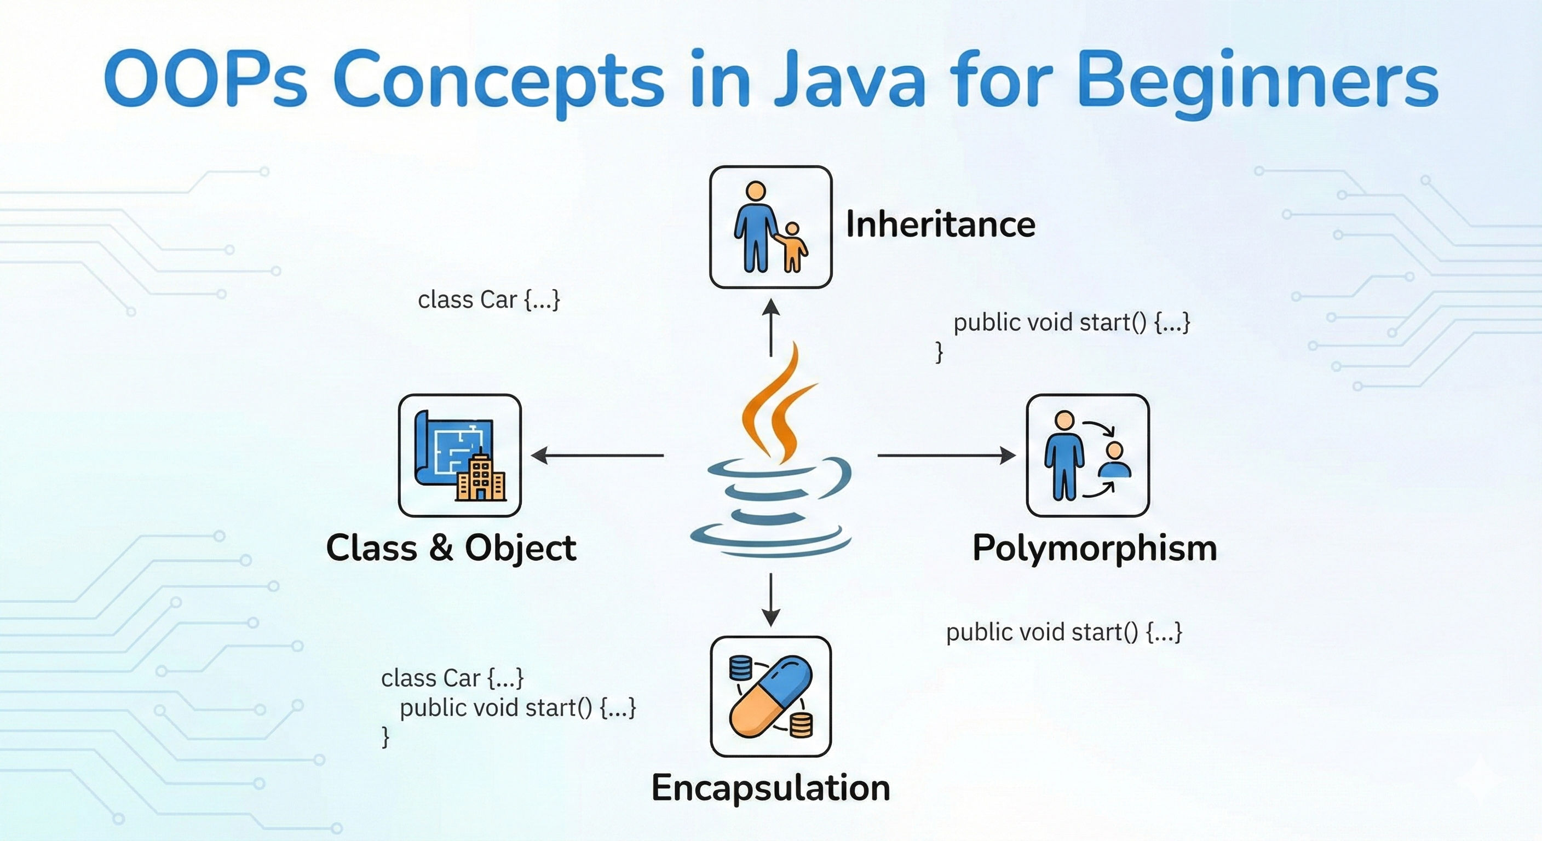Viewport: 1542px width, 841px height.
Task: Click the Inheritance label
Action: coord(940,224)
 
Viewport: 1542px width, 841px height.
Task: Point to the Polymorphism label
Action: coord(1095,548)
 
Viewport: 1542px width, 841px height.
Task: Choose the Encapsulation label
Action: coord(770,787)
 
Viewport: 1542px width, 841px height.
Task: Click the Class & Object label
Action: coord(451,548)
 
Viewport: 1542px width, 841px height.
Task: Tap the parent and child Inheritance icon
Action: coord(770,227)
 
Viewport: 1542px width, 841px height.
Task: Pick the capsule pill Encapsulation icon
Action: coord(770,696)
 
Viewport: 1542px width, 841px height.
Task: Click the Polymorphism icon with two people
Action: coord(1088,455)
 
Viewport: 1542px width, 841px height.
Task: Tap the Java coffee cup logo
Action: coord(771,455)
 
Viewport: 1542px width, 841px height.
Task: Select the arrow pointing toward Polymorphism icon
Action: coord(946,456)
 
